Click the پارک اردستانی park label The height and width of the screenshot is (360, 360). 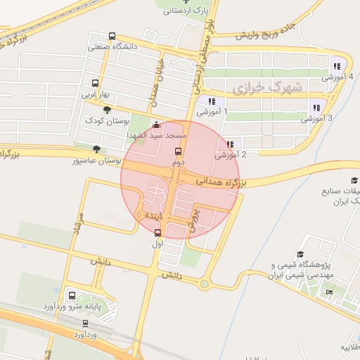[x=186, y=11]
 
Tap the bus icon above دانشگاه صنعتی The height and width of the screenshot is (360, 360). [x=112, y=37]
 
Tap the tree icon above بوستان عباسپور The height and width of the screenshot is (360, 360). [x=96, y=148]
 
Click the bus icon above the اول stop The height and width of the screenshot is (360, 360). [x=157, y=233]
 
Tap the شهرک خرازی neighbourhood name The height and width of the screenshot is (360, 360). [x=266, y=88]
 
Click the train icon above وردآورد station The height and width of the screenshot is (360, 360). [x=86, y=323]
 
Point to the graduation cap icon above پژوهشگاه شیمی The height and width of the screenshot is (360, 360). [x=300, y=254]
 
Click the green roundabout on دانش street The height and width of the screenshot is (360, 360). [x=204, y=285]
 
